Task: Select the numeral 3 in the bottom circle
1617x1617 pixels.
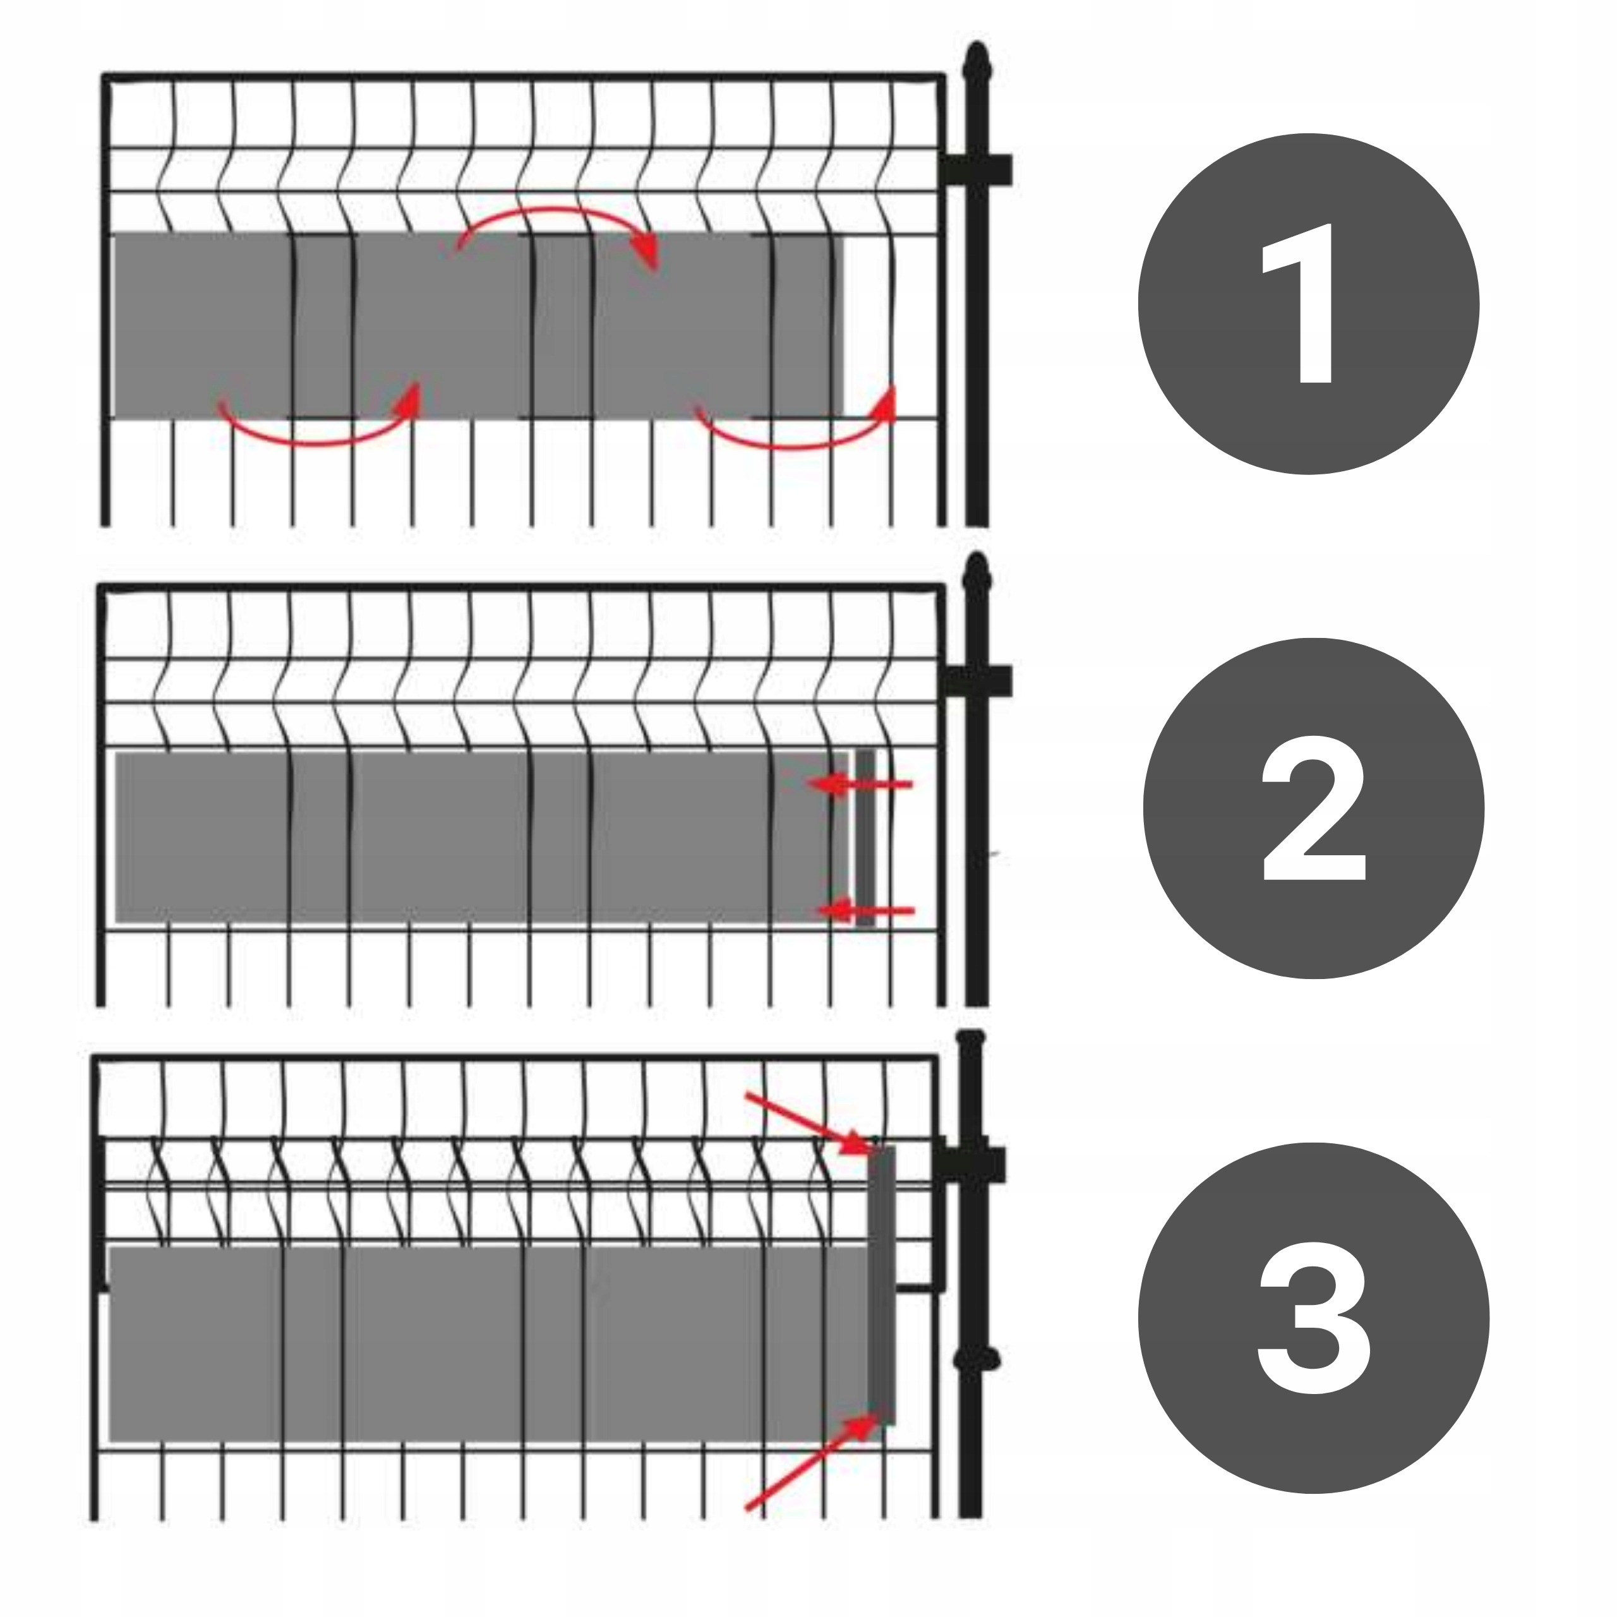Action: pyautogui.click(x=1313, y=1316)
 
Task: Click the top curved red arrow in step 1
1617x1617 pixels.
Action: pyautogui.click(x=556, y=211)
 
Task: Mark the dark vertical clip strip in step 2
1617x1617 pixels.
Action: pyautogui.click(x=865, y=838)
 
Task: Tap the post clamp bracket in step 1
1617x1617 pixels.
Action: pyautogui.click(x=975, y=170)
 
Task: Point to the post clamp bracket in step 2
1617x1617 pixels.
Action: pyautogui.click(x=975, y=682)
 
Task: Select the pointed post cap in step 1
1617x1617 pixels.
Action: pyautogui.click(x=976, y=64)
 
